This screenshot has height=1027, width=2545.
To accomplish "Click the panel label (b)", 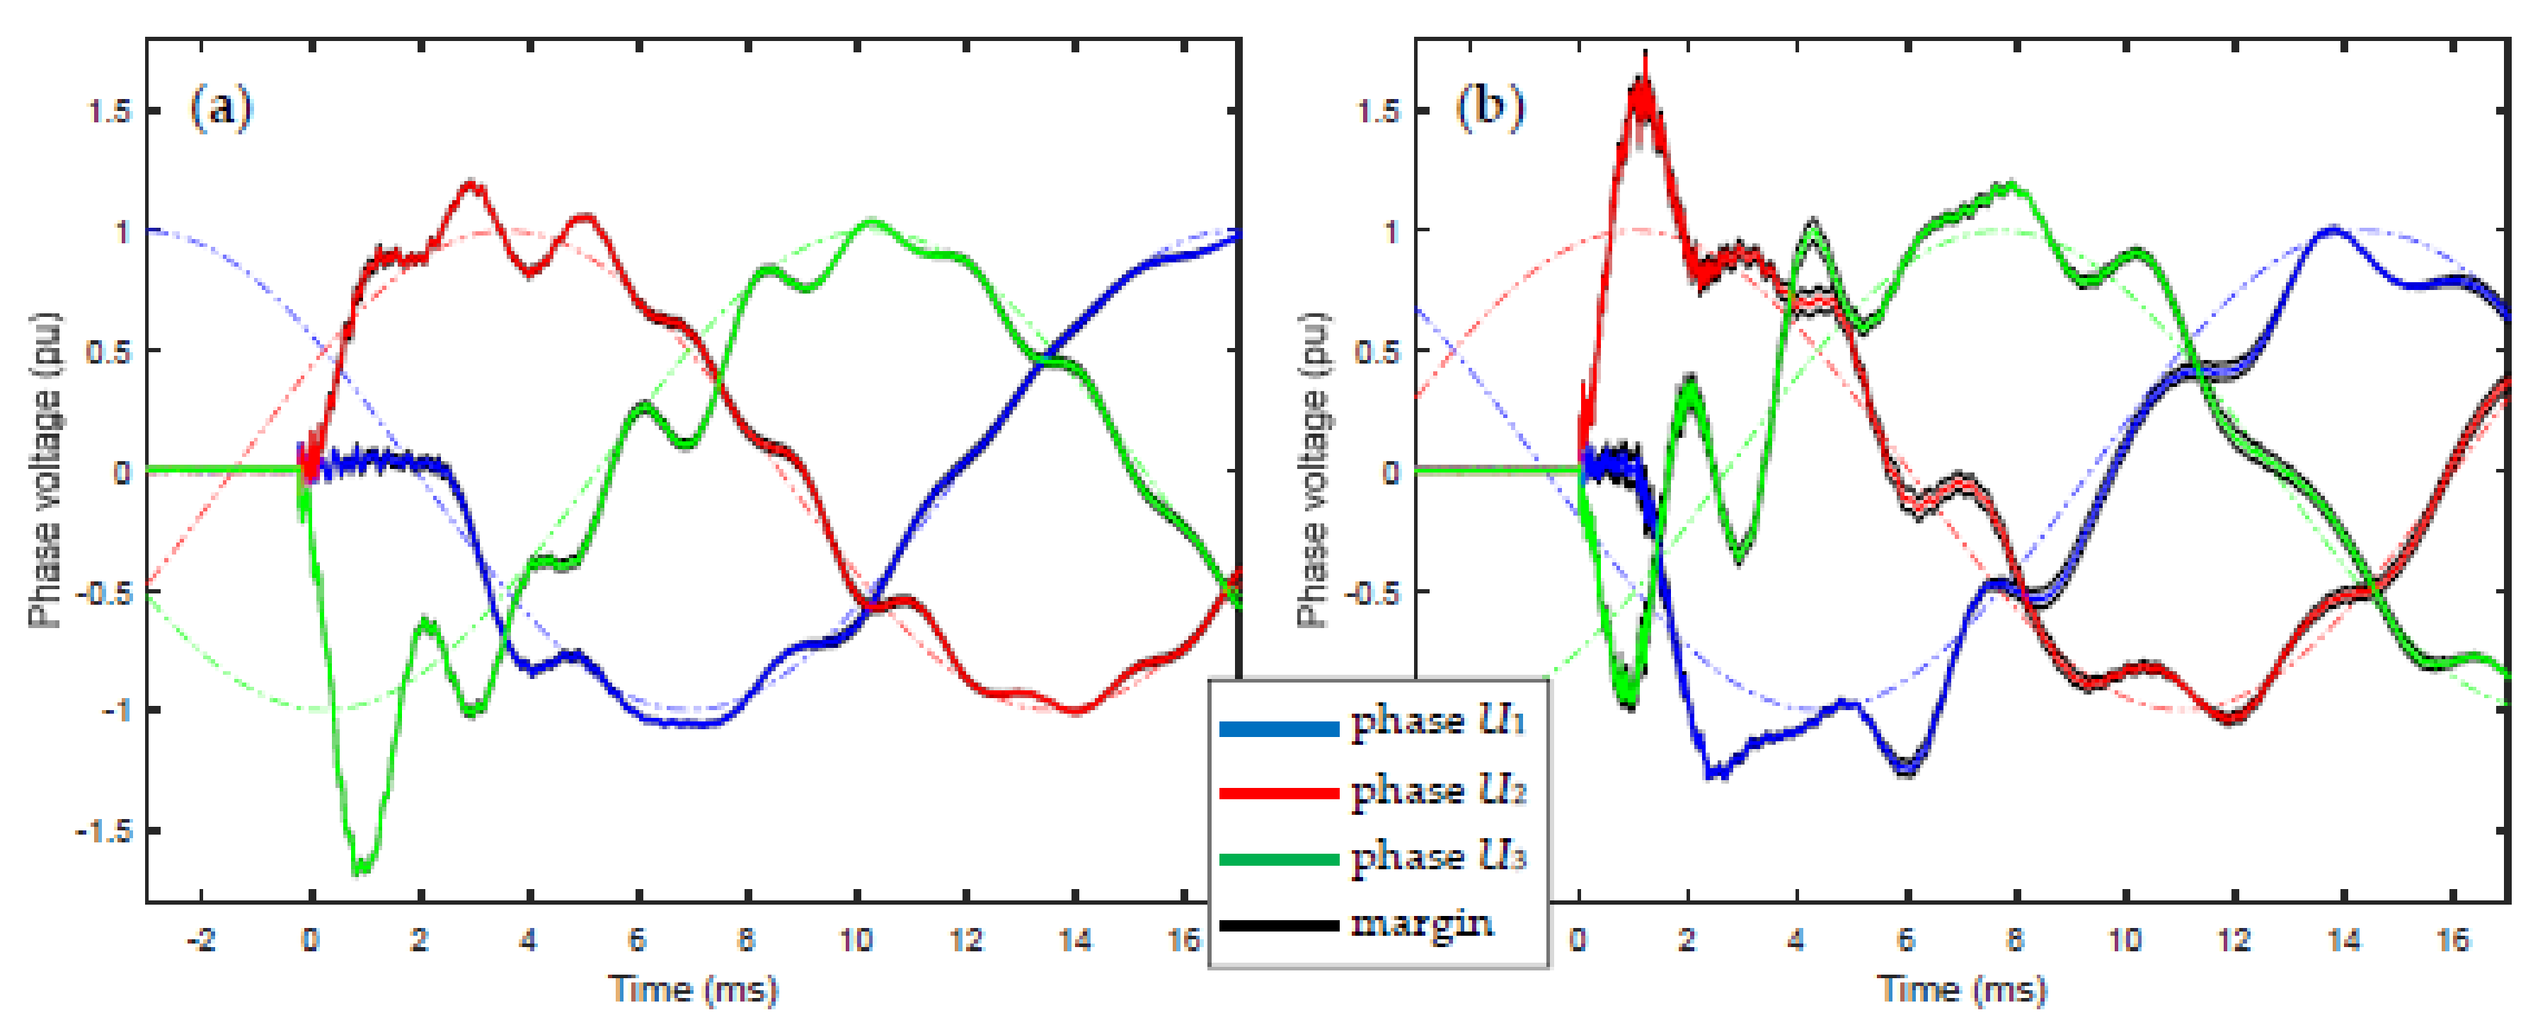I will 1489,107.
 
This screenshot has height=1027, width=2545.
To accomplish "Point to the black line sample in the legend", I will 1278,925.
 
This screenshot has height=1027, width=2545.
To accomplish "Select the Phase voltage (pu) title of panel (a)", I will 45,470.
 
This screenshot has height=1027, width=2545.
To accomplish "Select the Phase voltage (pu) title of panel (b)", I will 1313,470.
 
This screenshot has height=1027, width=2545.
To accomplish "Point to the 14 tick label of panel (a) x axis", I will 1075,939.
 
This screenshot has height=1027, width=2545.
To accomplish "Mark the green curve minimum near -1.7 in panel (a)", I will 361,869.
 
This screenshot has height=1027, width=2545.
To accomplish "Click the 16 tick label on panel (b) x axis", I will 2453,939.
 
